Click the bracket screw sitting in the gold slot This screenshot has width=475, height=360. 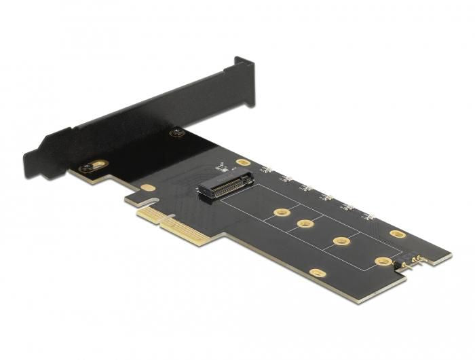tap(90, 166)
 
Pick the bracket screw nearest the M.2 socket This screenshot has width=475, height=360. tap(178, 132)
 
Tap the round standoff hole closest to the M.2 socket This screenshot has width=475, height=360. tap(279, 213)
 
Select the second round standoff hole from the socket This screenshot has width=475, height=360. tap(305, 223)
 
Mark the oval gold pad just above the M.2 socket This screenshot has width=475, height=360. tap(243, 163)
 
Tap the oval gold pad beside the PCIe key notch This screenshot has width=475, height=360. tap(148, 187)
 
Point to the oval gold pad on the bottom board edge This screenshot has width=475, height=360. tap(316, 273)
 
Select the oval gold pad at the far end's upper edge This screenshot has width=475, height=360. tap(398, 234)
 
